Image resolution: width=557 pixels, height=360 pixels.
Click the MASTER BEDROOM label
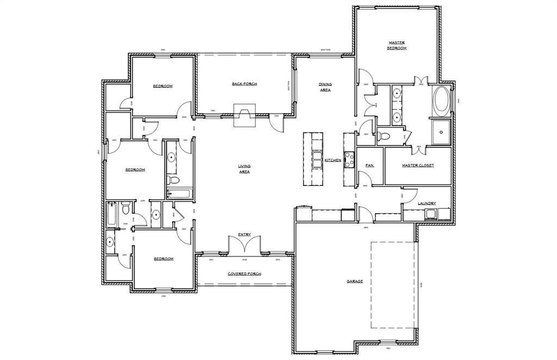click(397, 45)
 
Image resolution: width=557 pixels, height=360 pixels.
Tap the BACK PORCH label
click(244, 84)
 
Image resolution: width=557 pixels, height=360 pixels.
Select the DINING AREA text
click(325, 87)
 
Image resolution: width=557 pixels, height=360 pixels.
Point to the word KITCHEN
click(332, 160)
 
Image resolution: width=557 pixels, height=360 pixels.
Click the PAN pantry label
click(369, 165)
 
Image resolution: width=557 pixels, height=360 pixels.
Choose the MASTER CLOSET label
click(418, 165)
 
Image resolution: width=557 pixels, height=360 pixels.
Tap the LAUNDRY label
click(426, 203)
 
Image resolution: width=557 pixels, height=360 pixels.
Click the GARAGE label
click(355, 282)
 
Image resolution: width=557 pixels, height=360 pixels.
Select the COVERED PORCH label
click(244, 274)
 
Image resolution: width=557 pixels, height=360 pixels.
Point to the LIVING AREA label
click(244, 169)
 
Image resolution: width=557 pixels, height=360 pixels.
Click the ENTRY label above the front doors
click(244, 235)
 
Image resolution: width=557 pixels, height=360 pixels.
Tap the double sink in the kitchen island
click(317, 160)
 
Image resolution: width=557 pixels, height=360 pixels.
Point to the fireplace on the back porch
click(243, 116)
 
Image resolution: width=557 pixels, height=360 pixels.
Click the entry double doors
click(244, 246)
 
